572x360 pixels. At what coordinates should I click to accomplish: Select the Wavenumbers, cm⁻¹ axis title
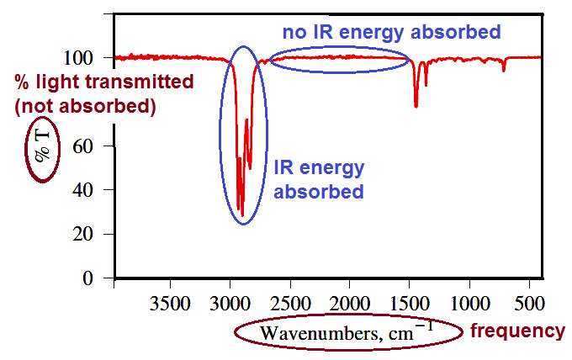pos(347,331)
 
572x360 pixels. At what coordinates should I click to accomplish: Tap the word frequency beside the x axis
pos(517,331)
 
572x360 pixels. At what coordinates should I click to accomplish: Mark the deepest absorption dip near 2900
pos(242,215)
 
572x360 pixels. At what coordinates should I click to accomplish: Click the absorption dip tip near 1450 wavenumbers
pos(416,106)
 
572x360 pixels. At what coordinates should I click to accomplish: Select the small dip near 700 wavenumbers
pos(504,71)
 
